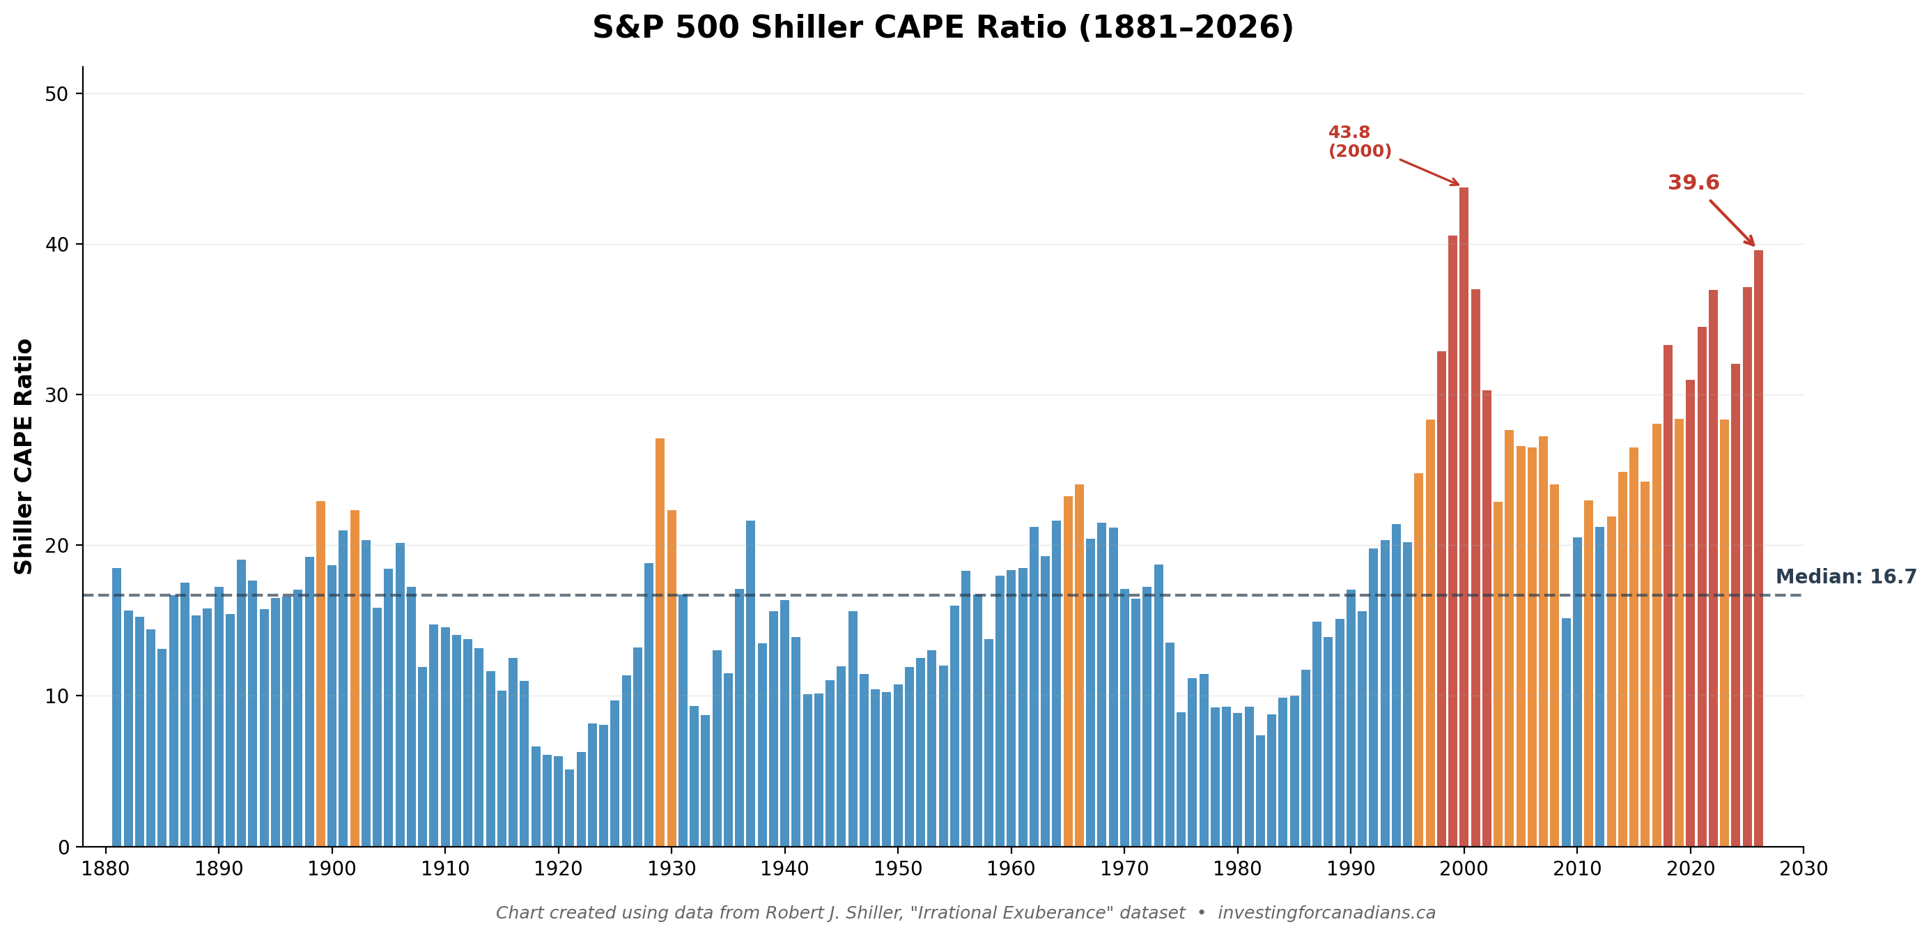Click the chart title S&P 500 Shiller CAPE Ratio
click(943, 29)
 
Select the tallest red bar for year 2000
click(1464, 518)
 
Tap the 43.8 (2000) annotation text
click(1359, 141)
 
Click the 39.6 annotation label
click(1693, 183)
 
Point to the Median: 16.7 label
click(1845, 577)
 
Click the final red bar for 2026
click(1758, 548)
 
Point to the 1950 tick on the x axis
click(898, 869)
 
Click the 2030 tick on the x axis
click(1803, 869)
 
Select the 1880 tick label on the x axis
click(106, 869)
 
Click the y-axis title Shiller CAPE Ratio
click(24, 457)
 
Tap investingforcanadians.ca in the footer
click(1326, 913)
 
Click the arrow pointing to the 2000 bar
click(1429, 171)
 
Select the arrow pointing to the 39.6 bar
click(1732, 223)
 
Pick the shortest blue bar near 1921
click(570, 808)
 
